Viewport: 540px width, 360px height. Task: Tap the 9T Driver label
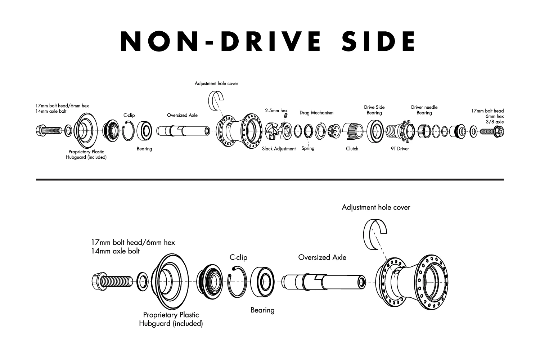pos(400,149)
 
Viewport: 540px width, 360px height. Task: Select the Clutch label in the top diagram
pos(352,149)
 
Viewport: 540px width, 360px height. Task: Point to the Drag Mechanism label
pos(316,113)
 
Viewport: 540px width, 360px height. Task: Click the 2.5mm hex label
pos(276,111)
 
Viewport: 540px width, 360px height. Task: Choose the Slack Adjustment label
pos(279,149)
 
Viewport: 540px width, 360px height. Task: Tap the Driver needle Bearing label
pos(424,110)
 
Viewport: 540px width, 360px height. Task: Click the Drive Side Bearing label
pos(374,110)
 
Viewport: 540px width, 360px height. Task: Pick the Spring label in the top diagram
pos(308,148)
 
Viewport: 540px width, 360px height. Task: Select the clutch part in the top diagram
pos(351,131)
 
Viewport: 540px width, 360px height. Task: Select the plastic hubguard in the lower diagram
pos(173,281)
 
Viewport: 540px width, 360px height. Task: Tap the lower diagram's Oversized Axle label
pos(322,257)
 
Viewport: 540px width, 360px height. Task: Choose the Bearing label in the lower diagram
pos(262,310)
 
